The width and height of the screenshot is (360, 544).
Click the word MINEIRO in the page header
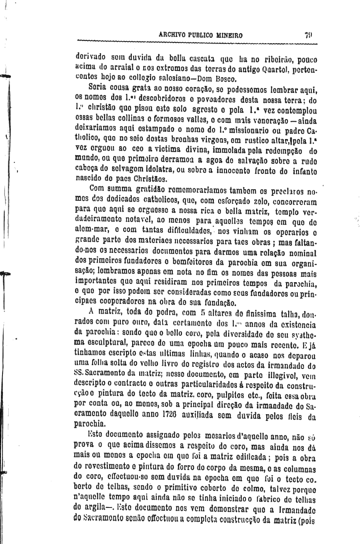pos(227,36)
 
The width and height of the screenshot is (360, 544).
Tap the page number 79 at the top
pos(307,36)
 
